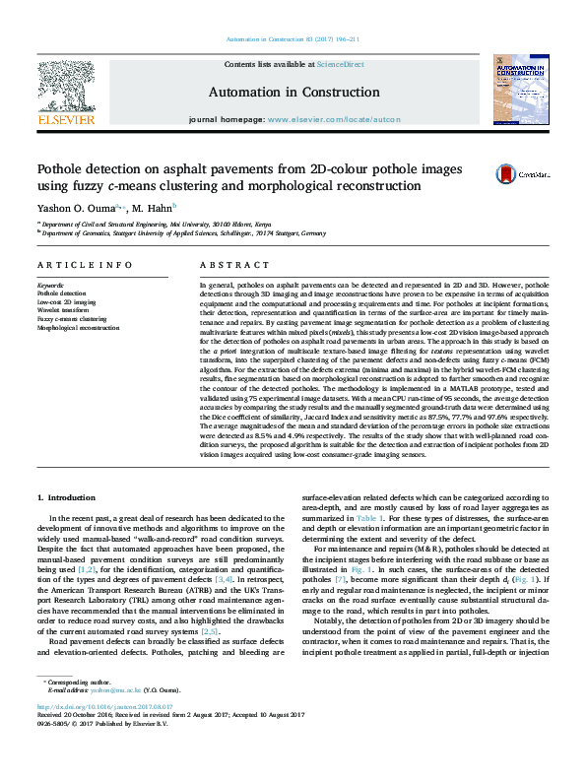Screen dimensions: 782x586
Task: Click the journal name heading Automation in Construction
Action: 293,92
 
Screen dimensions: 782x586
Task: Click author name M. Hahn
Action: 155,208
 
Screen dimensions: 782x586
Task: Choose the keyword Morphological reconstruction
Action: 78,328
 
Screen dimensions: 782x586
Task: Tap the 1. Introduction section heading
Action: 72,499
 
